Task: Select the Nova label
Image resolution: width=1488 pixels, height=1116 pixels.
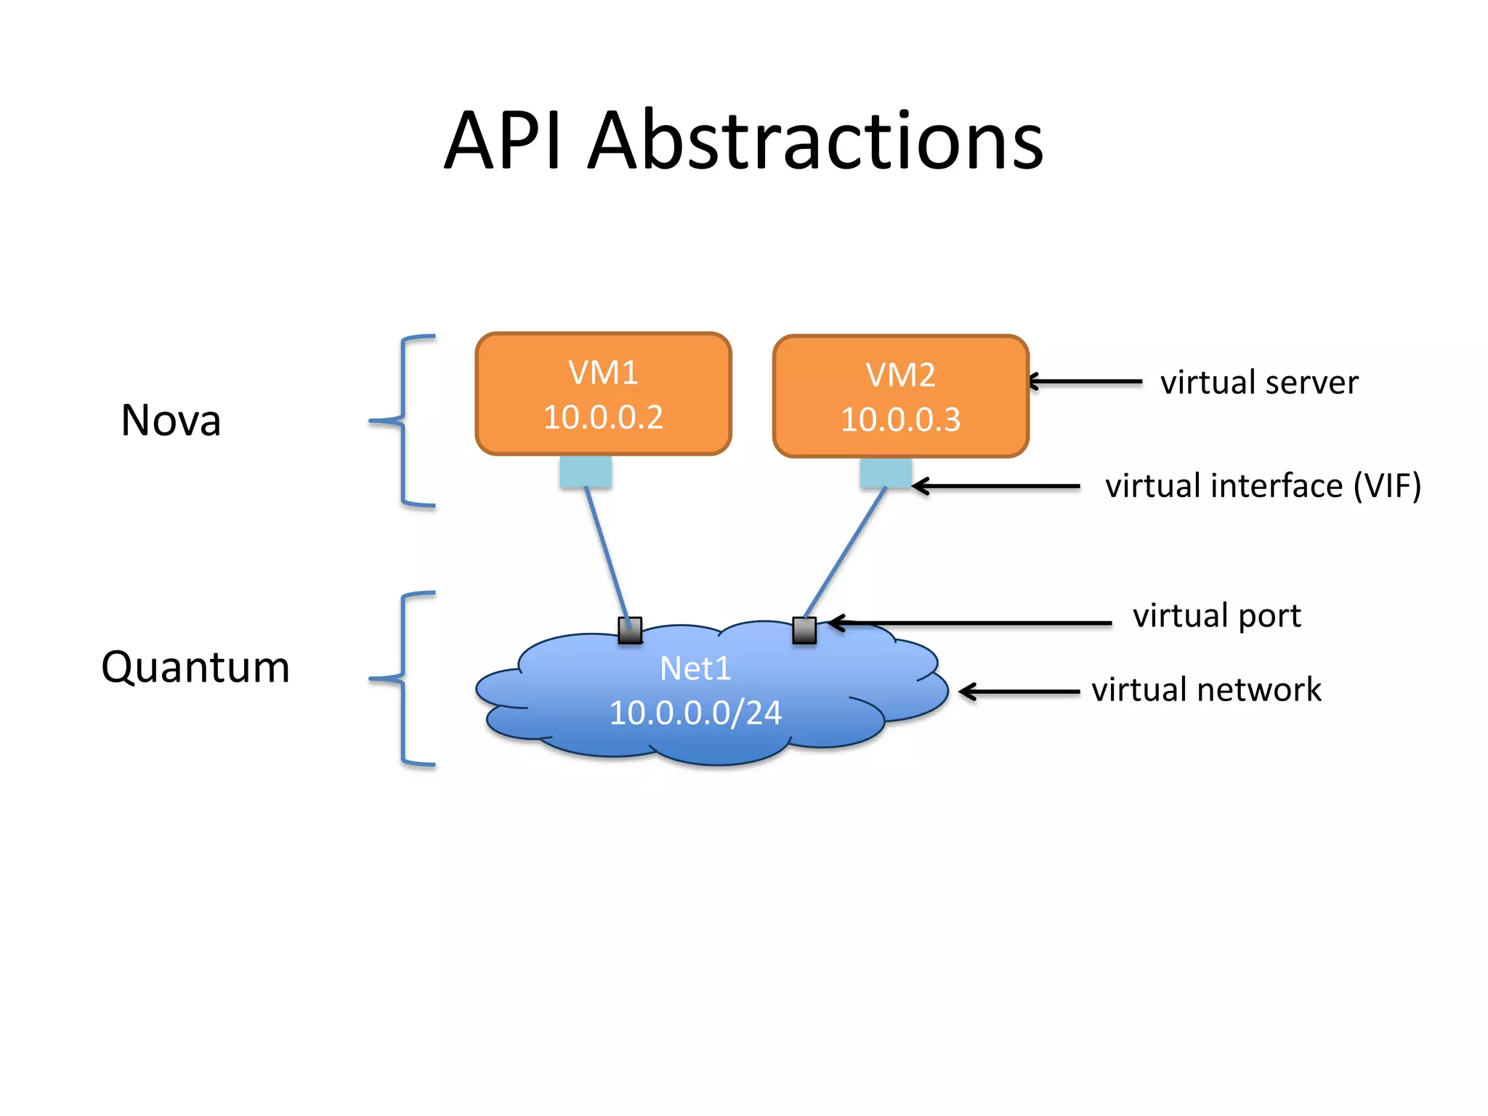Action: coord(171,420)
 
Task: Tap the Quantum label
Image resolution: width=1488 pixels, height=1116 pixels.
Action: coord(195,667)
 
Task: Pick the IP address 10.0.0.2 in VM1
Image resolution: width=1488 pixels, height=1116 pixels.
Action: coord(603,417)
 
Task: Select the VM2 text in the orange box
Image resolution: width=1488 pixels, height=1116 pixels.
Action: coord(900,375)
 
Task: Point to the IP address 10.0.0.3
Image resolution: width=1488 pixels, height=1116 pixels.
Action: coord(900,420)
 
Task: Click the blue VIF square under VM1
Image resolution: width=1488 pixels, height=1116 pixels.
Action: coord(586,472)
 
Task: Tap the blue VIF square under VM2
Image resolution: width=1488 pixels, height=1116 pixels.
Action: coord(885,473)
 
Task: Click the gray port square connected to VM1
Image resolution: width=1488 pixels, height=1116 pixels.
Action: coord(630,630)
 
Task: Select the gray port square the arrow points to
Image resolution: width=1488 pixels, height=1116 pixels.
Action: coord(804,630)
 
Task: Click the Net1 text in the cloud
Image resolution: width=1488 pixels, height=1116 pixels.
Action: coord(695,668)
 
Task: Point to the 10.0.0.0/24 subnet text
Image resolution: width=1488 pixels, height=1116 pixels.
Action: coord(695,713)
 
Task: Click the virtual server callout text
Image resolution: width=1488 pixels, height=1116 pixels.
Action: coord(1259,382)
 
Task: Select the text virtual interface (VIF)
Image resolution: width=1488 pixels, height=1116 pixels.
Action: coord(1263,485)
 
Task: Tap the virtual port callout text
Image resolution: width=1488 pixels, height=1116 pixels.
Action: coord(1217,615)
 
